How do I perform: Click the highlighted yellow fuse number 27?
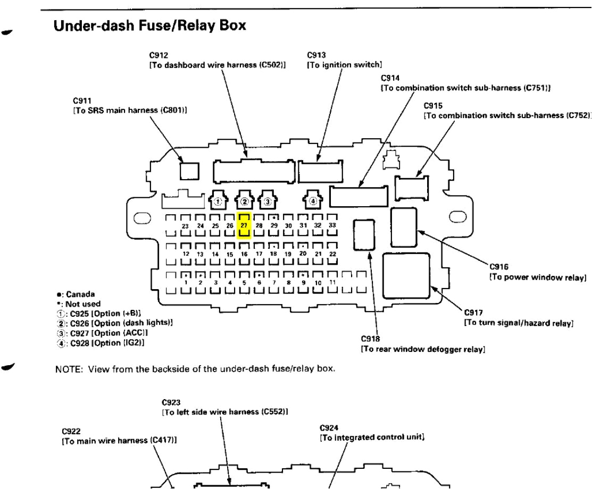click(244, 226)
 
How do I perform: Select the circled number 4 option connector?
click(313, 201)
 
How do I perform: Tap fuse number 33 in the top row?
click(332, 226)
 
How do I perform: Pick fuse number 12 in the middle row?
click(186, 254)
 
